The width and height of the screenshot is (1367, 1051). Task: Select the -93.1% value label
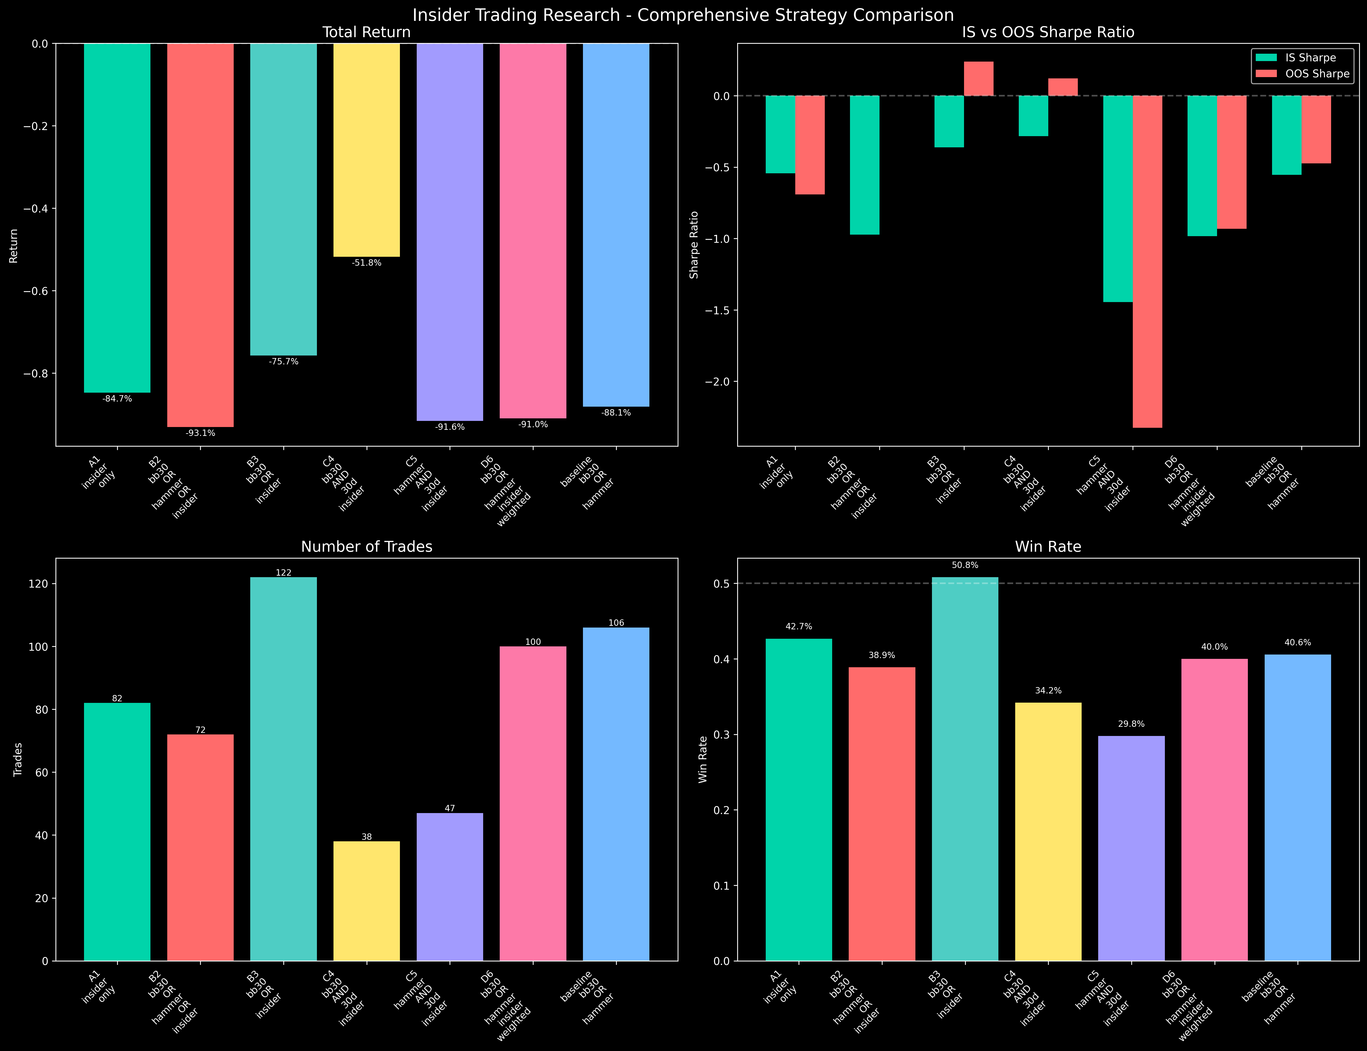click(200, 433)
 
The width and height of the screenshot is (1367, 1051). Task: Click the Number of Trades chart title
click(367, 547)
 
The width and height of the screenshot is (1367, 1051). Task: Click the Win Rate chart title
click(1048, 547)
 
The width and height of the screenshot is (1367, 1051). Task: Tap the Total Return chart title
click(367, 33)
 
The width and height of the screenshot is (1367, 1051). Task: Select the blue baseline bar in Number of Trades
click(616, 794)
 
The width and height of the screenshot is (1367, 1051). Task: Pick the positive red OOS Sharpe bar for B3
click(979, 79)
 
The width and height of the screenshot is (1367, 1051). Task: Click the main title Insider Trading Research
click(683, 15)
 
